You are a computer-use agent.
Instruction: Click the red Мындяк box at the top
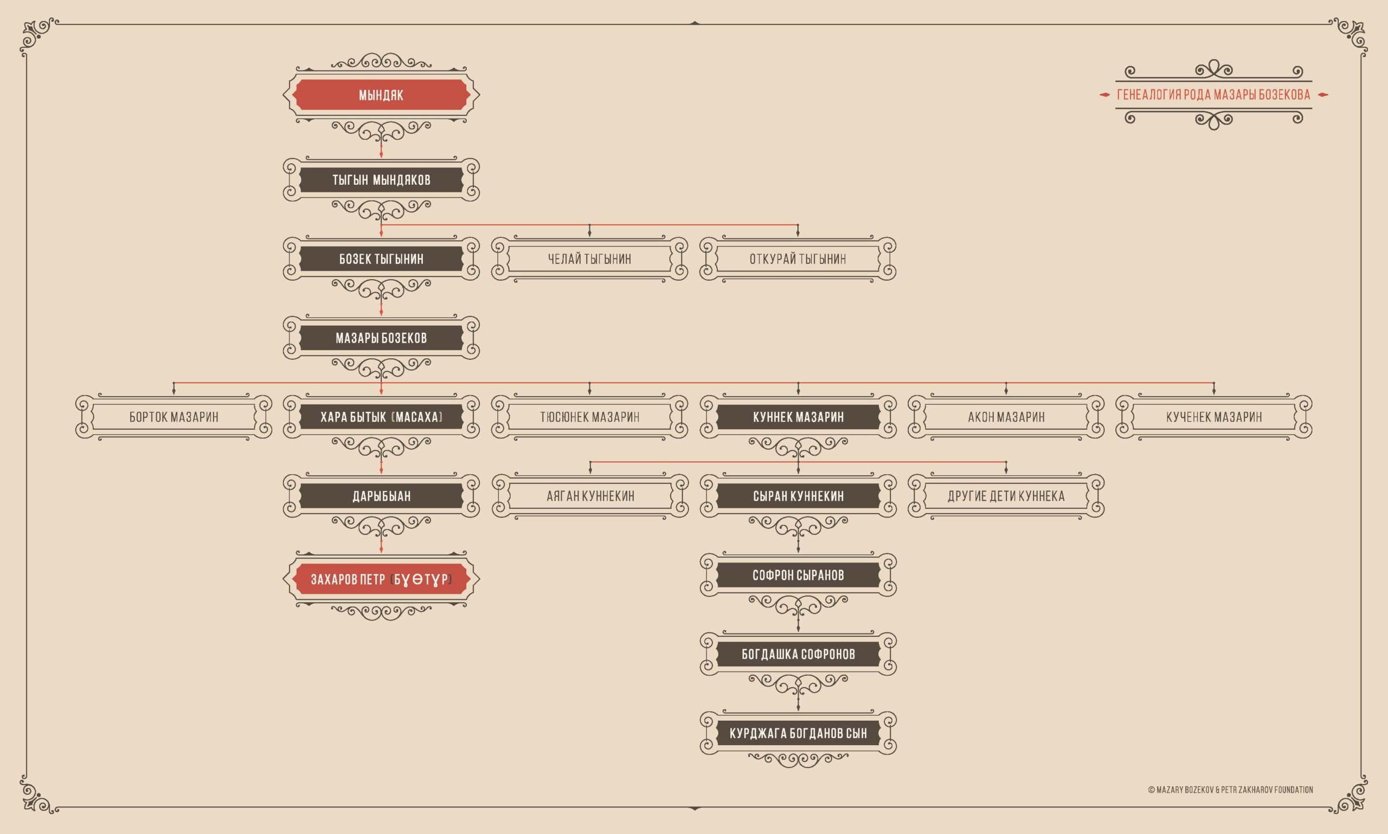(x=381, y=94)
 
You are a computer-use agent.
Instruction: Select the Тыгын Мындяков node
(x=381, y=180)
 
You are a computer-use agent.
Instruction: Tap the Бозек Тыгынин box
(x=381, y=258)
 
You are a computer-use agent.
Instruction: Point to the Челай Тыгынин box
(x=589, y=258)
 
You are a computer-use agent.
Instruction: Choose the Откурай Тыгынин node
(x=798, y=258)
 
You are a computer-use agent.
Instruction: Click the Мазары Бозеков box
(x=381, y=338)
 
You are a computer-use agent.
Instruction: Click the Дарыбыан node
(x=381, y=496)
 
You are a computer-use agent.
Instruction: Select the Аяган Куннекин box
(x=590, y=496)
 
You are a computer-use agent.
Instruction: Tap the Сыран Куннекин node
(x=798, y=496)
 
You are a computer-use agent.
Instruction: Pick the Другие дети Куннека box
(x=1006, y=496)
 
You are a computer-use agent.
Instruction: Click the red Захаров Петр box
(x=381, y=579)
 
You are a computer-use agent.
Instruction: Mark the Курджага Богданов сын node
(x=798, y=733)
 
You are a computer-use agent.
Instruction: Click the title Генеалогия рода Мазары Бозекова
(x=1213, y=95)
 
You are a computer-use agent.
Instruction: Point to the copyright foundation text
(x=1230, y=790)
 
